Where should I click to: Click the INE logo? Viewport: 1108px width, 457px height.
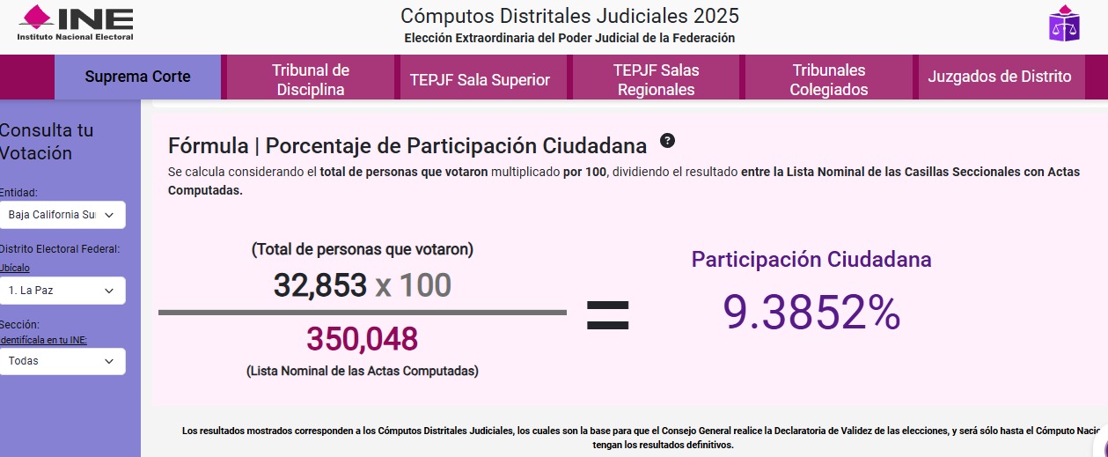point(76,24)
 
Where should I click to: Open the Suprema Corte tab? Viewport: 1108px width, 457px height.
point(137,77)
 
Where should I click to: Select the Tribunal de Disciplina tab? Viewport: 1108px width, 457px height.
point(310,79)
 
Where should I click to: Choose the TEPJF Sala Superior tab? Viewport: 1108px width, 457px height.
point(480,80)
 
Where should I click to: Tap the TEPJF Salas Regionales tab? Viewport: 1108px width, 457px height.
point(656,79)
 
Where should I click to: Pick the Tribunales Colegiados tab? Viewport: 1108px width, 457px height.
point(828,79)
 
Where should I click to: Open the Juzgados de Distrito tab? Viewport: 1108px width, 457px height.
point(1000,77)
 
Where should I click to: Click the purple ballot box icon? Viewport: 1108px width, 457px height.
point(1064,24)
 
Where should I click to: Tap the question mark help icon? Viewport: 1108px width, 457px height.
point(667,141)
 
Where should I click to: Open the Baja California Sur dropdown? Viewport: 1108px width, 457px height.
point(62,215)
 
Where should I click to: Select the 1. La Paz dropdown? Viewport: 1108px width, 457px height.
point(62,291)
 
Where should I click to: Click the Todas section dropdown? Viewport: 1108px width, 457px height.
point(62,361)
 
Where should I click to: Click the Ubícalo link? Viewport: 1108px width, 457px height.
point(14,268)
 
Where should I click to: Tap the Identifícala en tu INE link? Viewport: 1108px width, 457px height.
point(43,340)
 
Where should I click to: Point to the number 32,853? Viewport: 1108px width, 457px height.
point(320,285)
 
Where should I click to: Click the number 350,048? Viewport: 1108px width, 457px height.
point(362,339)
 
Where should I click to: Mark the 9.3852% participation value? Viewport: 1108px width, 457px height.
point(811,313)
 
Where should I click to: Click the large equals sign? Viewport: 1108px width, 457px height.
point(607,315)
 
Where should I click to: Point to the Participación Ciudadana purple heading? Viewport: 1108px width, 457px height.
point(811,260)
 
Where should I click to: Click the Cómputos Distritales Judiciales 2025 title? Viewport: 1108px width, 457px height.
point(569,16)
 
